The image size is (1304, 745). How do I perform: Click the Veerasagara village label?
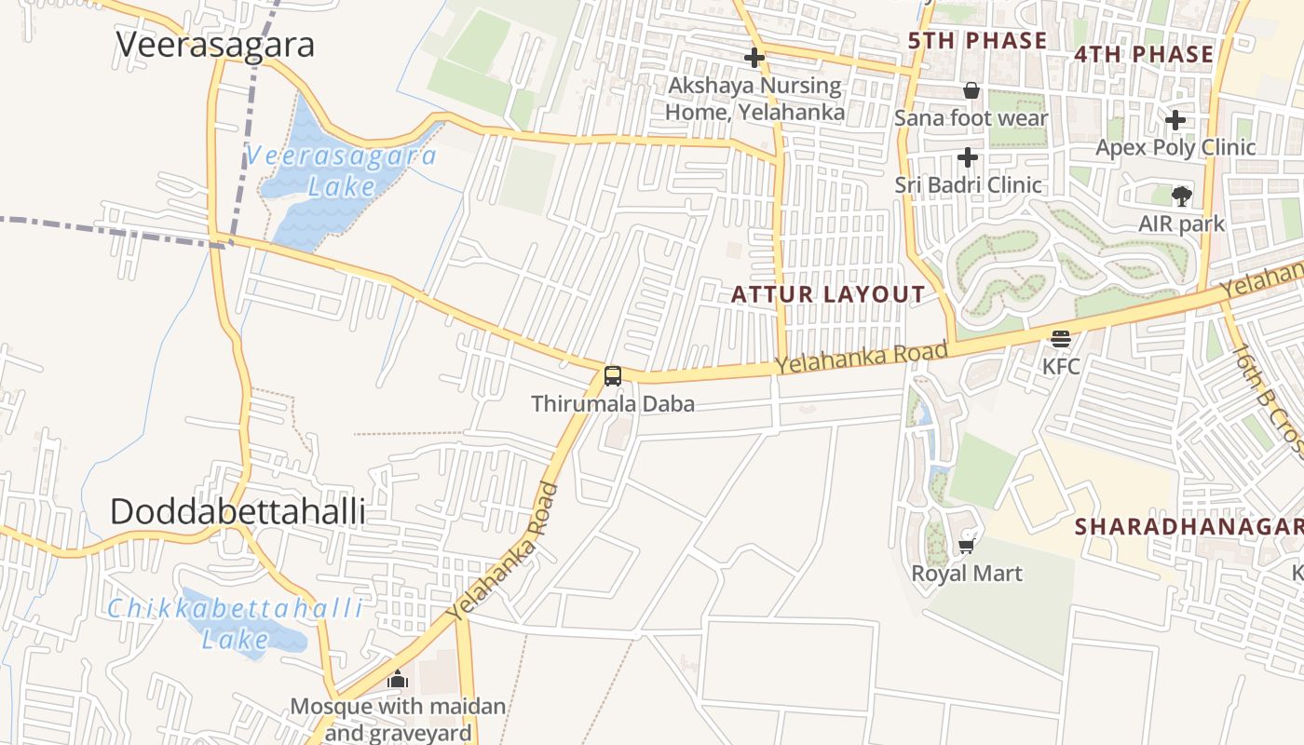[215, 45]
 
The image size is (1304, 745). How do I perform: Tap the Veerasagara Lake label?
[341, 171]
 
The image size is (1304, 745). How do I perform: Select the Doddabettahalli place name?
[238, 512]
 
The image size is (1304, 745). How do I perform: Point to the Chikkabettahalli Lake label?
[235, 624]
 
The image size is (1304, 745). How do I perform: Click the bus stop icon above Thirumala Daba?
[612, 376]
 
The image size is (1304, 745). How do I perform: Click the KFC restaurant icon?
[1061, 339]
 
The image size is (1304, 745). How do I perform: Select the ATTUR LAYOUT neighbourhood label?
[828, 295]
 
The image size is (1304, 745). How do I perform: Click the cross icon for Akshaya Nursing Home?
[754, 59]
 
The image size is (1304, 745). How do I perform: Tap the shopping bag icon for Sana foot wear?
[971, 91]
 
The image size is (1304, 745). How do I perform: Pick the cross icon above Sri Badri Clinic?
[968, 157]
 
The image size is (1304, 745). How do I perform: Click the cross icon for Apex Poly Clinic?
[1175, 120]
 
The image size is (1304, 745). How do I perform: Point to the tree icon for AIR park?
[1181, 196]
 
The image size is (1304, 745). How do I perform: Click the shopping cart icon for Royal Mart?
[966, 546]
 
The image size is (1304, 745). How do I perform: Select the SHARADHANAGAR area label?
[1189, 527]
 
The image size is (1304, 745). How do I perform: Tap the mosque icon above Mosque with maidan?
[398, 679]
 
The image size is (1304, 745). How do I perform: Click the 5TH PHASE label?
[977, 41]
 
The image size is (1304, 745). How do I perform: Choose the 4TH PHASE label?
[1144, 54]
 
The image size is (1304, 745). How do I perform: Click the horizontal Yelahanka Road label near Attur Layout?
[863, 359]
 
